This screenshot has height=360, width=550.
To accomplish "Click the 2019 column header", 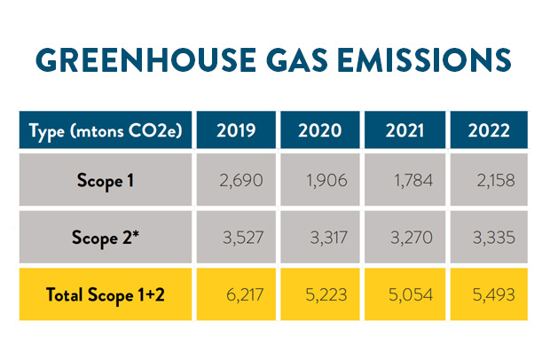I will (x=236, y=131).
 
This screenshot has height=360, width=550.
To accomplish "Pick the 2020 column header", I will (x=320, y=131).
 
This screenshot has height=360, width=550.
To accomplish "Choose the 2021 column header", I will (x=405, y=131).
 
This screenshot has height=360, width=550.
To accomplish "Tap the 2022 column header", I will (x=489, y=131).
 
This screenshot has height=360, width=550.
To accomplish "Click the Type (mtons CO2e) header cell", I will (x=106, y=131).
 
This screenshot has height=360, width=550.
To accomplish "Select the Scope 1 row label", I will (x=106, y=181).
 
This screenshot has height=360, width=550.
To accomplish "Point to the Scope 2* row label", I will (x=106, y=238).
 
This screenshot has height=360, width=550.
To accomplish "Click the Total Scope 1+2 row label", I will (x=106, y=293).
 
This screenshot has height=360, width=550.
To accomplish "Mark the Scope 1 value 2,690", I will (x=240, y=181).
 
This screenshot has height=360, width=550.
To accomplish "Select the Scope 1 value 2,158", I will (x=493, y=181).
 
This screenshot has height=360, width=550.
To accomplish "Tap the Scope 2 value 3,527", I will (x=240, y=238).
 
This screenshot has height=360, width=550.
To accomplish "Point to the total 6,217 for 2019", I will (x=240, y=293).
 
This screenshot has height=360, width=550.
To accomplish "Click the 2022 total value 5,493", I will (x=493, y=293).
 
